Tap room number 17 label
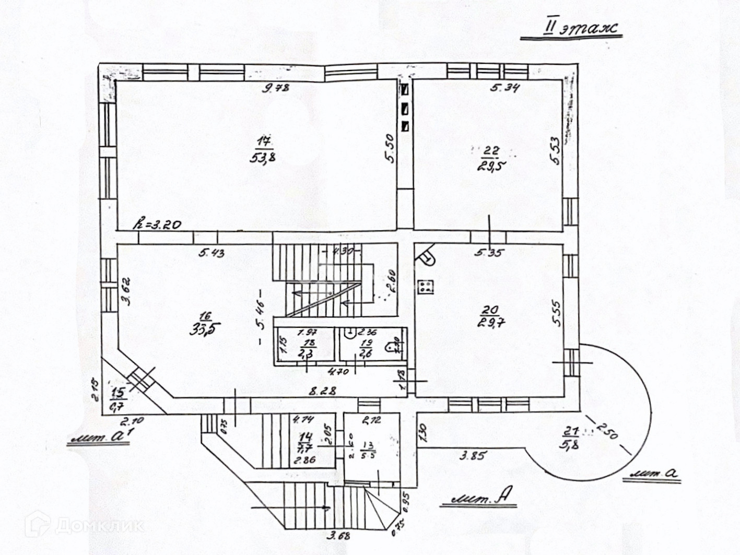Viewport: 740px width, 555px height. [265, 140]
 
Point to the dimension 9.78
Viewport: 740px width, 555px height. [276, 88]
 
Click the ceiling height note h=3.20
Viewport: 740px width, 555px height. [157, 225]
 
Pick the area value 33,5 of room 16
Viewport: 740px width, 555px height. [205, 330]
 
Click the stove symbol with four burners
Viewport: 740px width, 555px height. [425, 286]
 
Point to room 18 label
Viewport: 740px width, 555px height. [309, 343]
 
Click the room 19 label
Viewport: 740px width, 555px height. [366, 343]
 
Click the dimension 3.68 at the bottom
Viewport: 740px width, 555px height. [338, 535]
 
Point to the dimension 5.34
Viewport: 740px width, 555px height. [504, 88]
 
